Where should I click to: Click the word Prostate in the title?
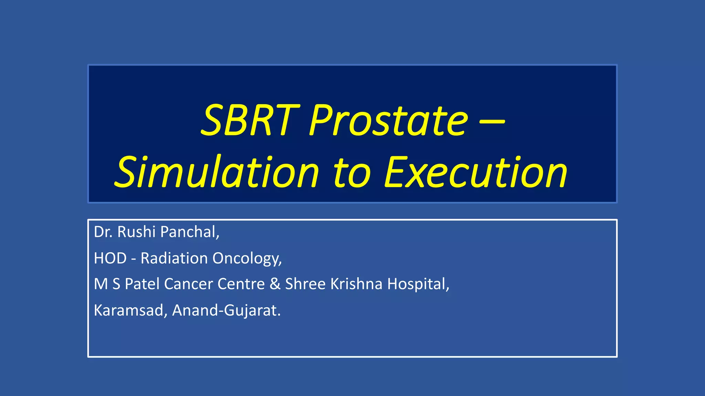tap(389, 120)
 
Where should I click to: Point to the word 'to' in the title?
tap(351, 173)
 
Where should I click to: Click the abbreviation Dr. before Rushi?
tap(103, 232)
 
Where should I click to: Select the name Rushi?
tap(137, 232)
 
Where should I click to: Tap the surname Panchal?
tap(189, 232)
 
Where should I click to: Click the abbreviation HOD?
tap(110, 258)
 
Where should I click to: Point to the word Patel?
tap(142, 284)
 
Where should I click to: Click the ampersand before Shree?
tap(275, 284)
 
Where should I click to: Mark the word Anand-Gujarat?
tap(226, 310)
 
